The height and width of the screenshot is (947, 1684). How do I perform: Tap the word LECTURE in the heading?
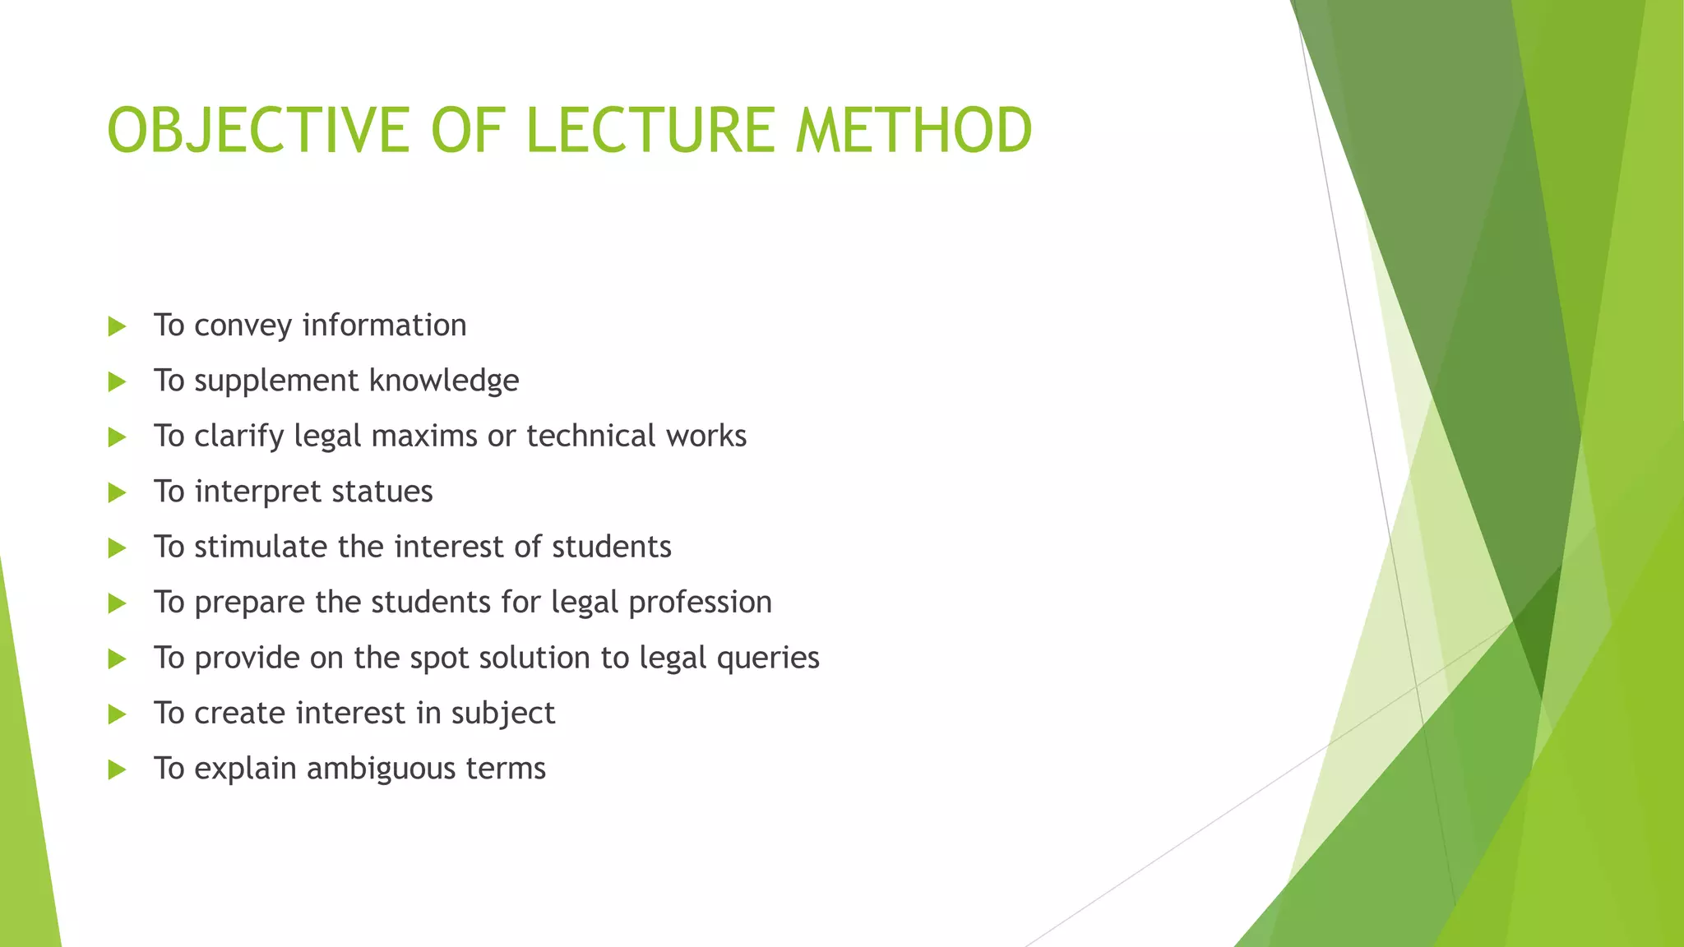point(650,130)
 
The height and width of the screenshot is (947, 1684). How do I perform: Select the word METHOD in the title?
point(914,130)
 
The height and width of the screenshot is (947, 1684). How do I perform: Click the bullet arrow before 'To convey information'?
point(117,326)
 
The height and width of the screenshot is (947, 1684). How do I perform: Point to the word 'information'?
point(384,326)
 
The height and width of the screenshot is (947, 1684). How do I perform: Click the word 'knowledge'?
point(444,381)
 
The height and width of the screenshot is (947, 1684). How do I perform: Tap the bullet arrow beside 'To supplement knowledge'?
point(117,381)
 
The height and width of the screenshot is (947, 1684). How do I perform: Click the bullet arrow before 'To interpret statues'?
point(117,492)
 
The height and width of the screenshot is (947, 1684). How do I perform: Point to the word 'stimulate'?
point(261,547)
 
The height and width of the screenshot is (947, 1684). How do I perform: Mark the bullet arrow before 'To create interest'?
point(117,714)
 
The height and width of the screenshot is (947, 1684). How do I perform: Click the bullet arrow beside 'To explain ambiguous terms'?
point(117,769)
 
